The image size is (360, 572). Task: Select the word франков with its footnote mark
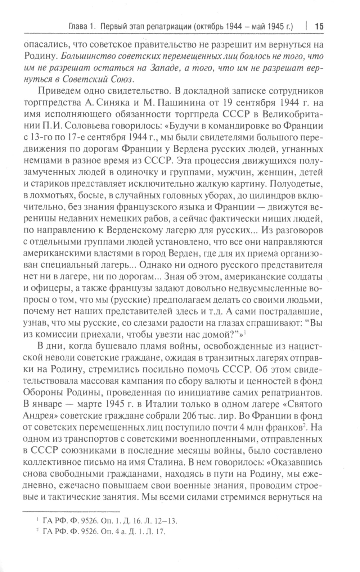coord(284,427)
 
